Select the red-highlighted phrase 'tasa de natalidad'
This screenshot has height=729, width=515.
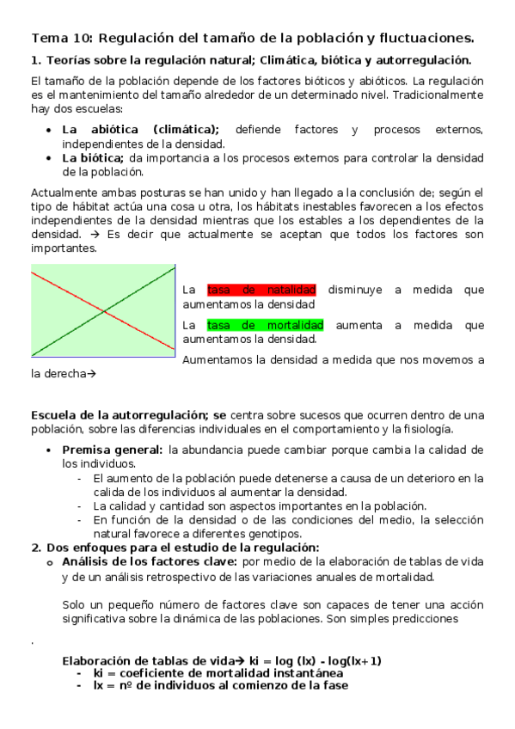pos(261,290)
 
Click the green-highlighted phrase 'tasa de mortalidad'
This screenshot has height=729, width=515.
pos(265,325)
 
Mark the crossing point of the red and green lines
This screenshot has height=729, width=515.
pos(103,310)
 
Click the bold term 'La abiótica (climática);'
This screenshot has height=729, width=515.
pos(140,130)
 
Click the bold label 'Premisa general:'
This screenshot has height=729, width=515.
pos(112,450)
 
